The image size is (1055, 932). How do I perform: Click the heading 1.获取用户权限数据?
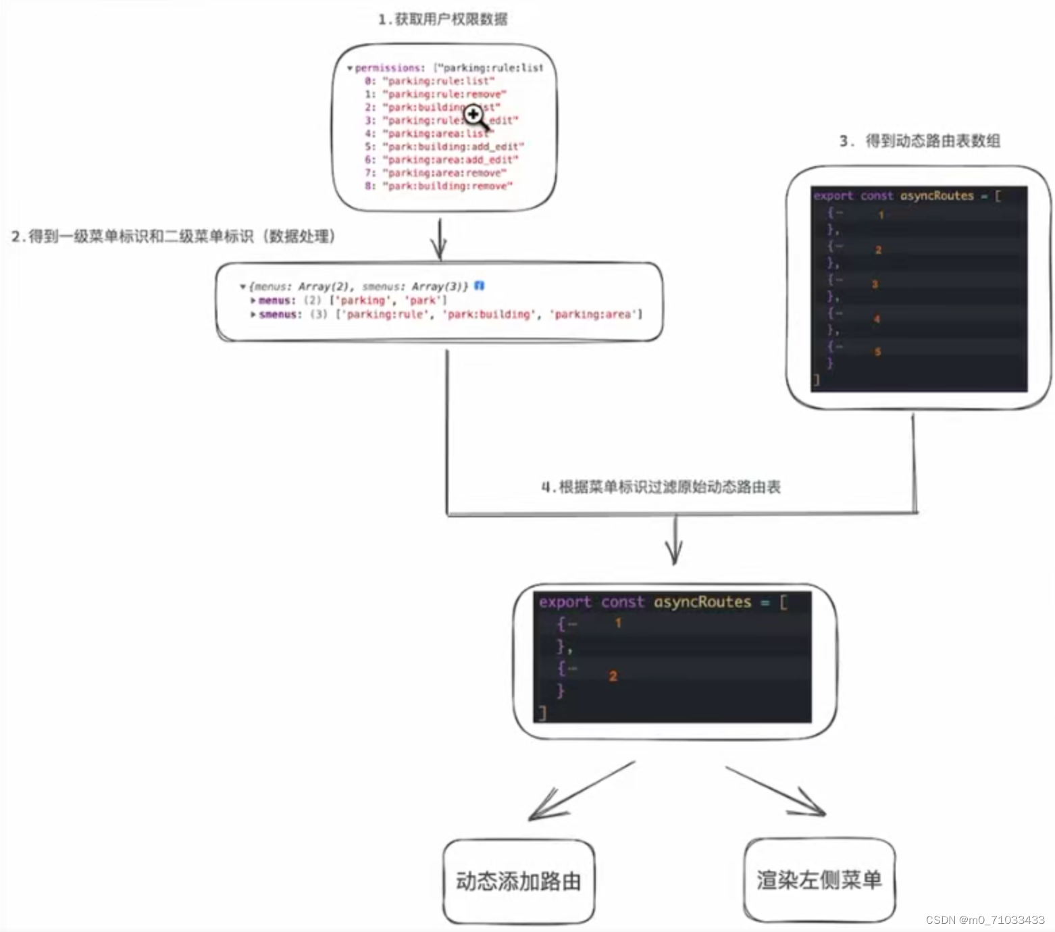(x=442, y=19)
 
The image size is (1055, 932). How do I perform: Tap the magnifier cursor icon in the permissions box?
(x=475, y=116)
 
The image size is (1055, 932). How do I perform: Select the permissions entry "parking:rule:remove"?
(x=444, y=94)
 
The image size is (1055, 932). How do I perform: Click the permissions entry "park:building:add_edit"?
(x=453, y=147)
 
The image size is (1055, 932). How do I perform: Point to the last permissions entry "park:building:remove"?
(x=447, y=186)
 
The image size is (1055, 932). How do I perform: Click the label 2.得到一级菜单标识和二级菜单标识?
(x=173, y=236)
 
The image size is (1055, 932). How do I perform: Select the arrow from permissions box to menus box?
(x=439, y=239)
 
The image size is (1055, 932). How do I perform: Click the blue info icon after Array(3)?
(x=480, y=286)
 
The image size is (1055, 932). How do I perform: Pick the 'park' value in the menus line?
(x=423, y=300)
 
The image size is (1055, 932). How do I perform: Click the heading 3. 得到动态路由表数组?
(x=919, y=141)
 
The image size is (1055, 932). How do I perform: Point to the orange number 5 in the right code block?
(x=877, y=352)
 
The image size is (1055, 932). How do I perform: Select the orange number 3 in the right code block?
(x=875, y=284)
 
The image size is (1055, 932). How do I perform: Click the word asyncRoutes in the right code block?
(x=937, y=196)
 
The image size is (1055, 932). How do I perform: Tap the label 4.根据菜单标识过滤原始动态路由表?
(x=661, y=487)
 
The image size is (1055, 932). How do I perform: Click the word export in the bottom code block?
(x=565, y=602)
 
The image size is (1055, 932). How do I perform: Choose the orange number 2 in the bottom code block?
(x=613, y=676)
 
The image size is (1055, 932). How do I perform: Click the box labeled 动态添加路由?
(x=519, y=881)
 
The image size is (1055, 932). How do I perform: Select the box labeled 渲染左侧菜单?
(x=819, y=879)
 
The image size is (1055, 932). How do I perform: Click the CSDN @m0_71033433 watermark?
(x=985, y=920)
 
